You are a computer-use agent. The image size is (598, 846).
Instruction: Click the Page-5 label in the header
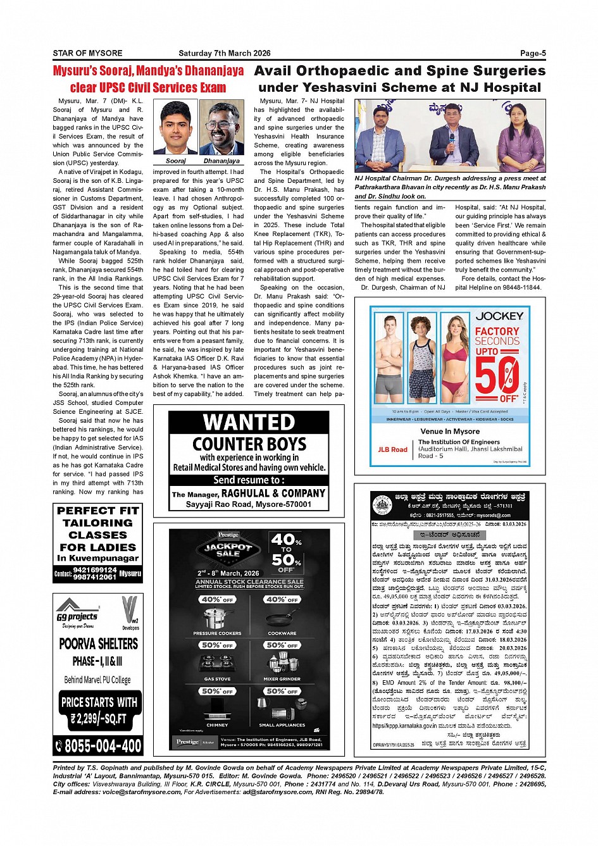pos(533,53)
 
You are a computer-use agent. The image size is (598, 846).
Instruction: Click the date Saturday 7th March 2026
pos(225,53)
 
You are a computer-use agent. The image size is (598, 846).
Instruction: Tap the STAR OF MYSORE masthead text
pos(87,53)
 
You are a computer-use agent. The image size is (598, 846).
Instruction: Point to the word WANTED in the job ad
pos(249,422)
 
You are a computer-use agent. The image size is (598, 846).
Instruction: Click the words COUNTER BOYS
pos(249,444)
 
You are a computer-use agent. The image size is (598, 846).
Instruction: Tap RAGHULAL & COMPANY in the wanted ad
pos(273,494)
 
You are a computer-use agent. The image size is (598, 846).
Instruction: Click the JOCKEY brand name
pos(499,316)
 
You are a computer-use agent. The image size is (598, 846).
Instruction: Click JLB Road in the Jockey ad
pos(392,449)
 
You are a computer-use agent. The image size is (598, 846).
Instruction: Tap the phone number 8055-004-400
pos(103,746)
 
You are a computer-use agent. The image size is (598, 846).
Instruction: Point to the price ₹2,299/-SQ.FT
pos(99,719)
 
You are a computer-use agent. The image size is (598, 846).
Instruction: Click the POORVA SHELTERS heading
pos(99,644)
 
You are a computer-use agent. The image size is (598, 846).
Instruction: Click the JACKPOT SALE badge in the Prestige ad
pos(228,549)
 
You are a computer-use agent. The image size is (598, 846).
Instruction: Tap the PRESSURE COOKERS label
pos(217,633)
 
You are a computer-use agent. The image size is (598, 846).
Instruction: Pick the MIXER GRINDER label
pos(282,679)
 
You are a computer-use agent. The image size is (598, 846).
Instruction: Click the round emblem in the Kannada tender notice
pos(382,503)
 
